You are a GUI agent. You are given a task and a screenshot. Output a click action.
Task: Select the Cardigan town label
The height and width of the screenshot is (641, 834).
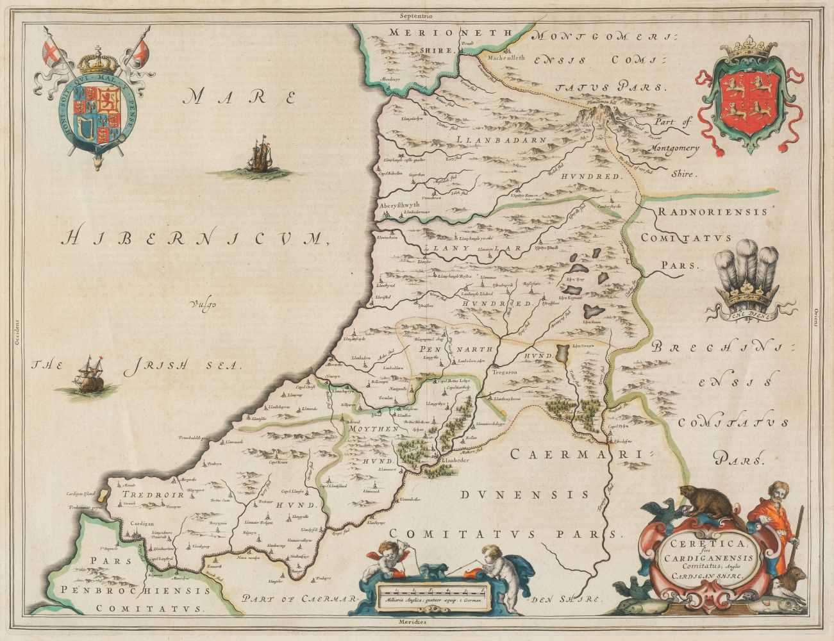[x=135, y=523]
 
